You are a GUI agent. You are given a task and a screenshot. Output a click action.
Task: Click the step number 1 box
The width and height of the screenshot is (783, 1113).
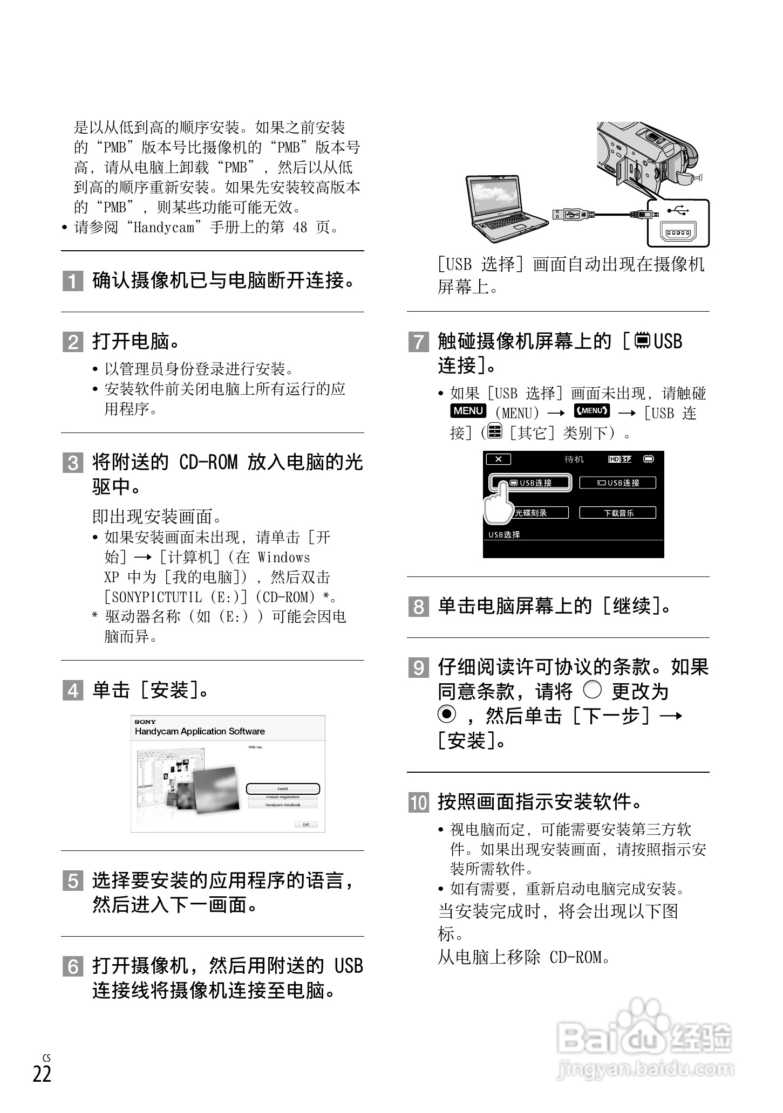coord(72,281)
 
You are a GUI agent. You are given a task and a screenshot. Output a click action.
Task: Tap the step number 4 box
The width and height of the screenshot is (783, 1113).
coord(72,691)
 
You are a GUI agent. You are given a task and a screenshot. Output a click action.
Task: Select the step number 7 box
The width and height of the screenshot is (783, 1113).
coord(418,342)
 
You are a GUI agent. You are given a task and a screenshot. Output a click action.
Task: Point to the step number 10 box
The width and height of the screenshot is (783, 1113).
coord(418,803)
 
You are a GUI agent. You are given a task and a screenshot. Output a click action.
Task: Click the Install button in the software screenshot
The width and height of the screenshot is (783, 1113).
coord(283,789)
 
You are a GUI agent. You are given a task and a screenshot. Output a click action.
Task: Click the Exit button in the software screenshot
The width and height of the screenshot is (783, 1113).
coord(306,825)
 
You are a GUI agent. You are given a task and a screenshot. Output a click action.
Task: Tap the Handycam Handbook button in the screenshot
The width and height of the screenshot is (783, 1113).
coord(283,805)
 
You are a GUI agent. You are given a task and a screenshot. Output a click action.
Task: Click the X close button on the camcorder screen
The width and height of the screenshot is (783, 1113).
coord(498,459)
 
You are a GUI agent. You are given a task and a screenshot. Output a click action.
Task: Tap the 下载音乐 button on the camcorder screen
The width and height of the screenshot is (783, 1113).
coord(618,513)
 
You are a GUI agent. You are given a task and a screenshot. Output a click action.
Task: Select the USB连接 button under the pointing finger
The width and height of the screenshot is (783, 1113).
coord(534,483)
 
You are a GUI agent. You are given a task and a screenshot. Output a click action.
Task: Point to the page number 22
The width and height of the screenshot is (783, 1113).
coord(42,1075)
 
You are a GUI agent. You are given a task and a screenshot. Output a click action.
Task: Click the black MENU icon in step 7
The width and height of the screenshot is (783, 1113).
coord(468,411)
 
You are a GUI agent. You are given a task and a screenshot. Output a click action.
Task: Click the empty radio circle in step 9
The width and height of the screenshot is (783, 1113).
coord(592,690)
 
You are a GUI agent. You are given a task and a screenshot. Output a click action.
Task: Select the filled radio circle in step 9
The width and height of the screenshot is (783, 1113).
coord(446,714)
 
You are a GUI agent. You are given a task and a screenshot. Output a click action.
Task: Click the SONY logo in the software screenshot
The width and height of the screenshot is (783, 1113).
coord(145,722)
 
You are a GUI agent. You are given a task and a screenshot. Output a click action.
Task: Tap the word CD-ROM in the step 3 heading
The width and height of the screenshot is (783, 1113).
coord(208,463)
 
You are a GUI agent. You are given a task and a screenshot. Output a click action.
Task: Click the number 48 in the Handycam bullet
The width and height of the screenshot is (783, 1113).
coord(299,228)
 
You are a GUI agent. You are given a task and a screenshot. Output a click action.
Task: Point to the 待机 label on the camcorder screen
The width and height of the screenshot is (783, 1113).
coord(574,459)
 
